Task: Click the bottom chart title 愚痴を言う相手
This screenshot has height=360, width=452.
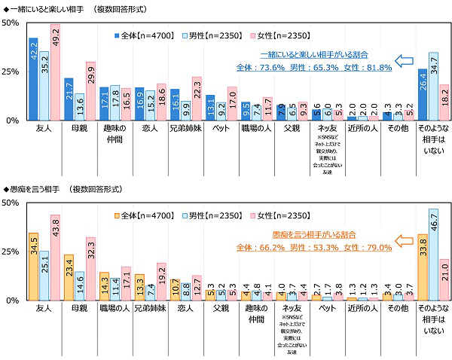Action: [39, 188]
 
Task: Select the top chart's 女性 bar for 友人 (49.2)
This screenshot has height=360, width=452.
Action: [55, 72]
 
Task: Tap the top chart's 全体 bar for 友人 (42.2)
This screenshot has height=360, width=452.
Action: [33, 79]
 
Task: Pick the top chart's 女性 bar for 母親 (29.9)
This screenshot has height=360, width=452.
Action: [91, 91]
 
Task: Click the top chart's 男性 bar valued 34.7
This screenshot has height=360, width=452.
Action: [433, 87]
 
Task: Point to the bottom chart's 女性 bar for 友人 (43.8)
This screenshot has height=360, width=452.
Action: [55, 258]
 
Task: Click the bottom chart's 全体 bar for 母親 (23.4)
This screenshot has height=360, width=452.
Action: [69, 277]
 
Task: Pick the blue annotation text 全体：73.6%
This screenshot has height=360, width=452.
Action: [261, 67]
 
